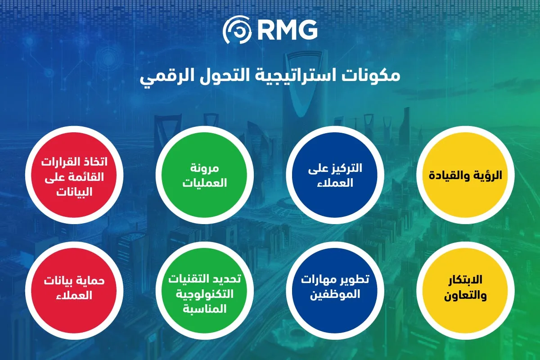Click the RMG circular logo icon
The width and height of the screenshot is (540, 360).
237,30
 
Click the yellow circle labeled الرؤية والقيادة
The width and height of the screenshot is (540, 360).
465,175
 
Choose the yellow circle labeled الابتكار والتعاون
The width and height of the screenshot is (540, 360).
465,291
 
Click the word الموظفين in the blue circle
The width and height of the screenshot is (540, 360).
335,294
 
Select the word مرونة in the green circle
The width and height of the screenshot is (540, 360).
205,168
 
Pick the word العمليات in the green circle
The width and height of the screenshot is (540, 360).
205,183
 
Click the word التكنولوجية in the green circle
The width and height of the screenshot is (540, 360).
205,294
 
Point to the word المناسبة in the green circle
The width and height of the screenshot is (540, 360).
205,309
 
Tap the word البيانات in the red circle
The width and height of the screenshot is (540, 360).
74,192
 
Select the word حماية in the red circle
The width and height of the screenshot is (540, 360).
92,281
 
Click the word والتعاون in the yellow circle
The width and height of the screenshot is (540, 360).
465,295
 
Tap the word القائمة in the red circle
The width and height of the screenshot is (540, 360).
87,177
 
